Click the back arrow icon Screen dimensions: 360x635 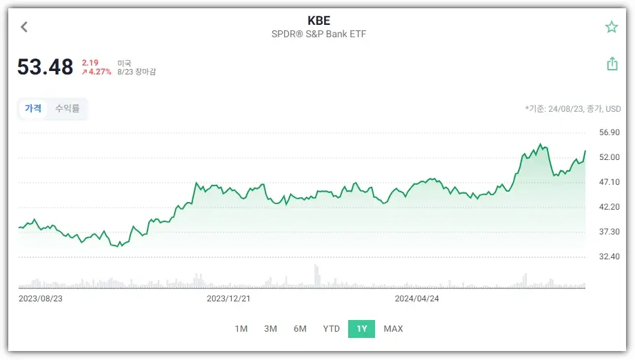tap(24, 27)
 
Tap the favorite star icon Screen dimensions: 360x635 tap(612, 27)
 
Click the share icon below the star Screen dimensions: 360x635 tap(612, 64)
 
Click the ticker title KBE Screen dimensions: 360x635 tap(318, 21)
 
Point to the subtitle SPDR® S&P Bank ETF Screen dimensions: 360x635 tap(318, 34)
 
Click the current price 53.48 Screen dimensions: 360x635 tap(46, 67)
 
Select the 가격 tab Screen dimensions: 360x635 tap(33, 108)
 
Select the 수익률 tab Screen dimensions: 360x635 tap(68, 108)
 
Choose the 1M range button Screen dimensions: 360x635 tap(241, 329)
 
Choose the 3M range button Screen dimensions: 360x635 tap(270, 329)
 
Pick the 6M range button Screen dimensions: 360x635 tap(300, 329)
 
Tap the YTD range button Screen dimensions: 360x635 tap(332, 329)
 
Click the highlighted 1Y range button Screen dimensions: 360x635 tap(362, 329)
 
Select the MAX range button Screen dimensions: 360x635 tap(393, 329)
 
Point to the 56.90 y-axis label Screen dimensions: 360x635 tap(609, 132)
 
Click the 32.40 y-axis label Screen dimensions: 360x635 tap(609, 257)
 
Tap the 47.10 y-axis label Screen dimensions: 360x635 tap(609, 182)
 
